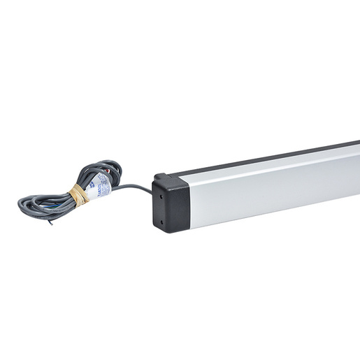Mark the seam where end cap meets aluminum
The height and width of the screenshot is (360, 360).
(189, 203)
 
